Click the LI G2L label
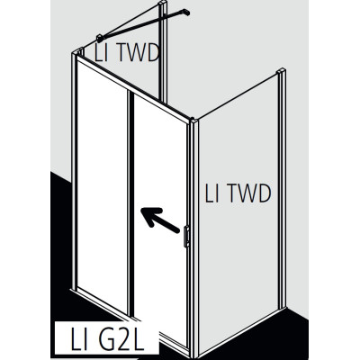[x=107, y=339]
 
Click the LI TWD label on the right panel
[x=238, y=193]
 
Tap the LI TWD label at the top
[x=127, y=53]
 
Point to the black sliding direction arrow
[x=159, y=220]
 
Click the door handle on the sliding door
[x=186, y=236]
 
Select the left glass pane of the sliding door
[x=102, y=186]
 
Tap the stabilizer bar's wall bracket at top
[x=186, y=12]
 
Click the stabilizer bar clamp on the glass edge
[x=100, y=39]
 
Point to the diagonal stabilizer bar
[x=142, y=25]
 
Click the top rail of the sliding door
[x=133, y=87]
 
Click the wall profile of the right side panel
[x=282, y=190]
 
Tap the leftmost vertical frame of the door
[x=74, y=171]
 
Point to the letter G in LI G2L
[x=103, y=339]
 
